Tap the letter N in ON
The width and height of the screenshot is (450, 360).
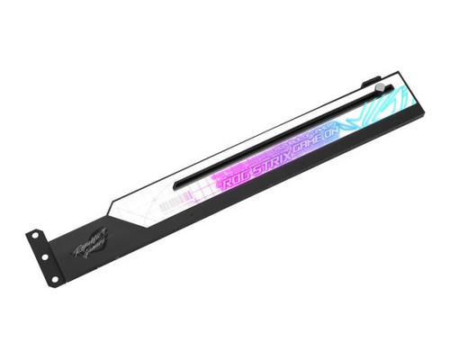click(352, 121)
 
